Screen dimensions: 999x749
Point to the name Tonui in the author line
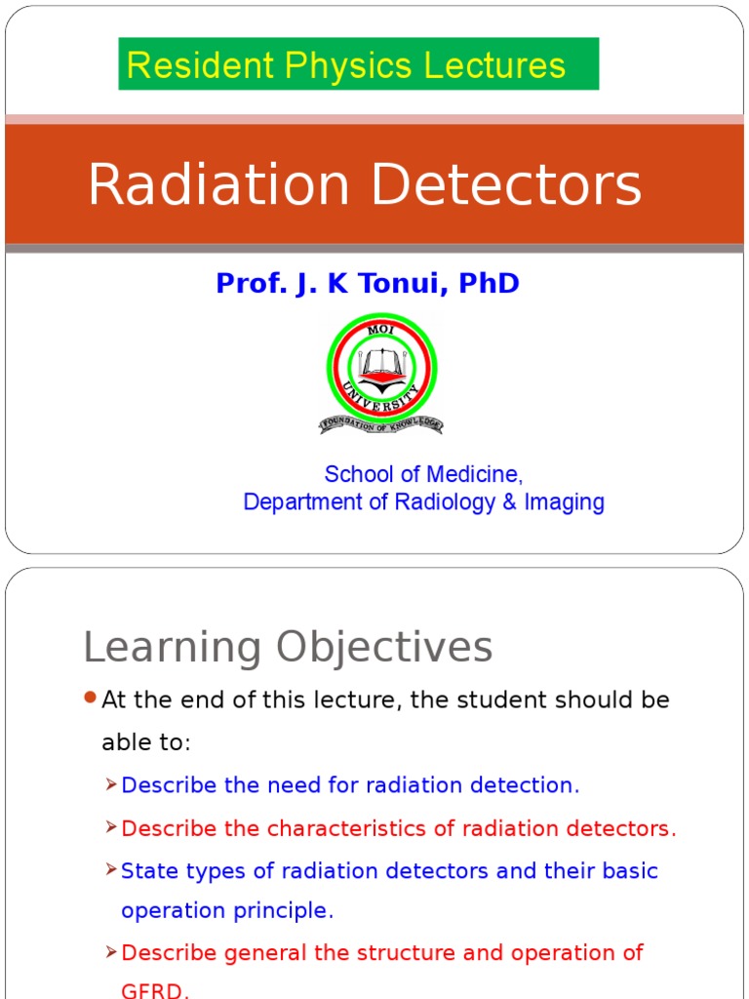(408, 284)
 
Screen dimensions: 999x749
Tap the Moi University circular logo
(380, 368)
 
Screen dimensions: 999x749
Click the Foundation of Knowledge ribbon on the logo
(380, 423)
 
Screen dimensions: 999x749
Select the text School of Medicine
(423, 474)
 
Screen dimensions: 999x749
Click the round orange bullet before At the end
(91, 698)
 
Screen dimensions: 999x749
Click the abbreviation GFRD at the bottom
(155, 990)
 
